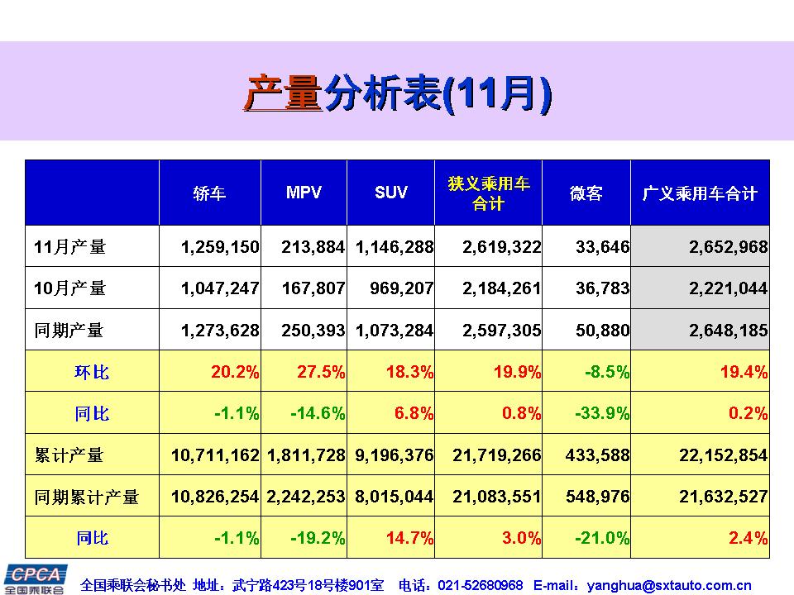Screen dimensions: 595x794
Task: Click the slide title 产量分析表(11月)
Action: pos(397,93)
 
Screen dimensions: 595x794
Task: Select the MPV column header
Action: pos(304,193)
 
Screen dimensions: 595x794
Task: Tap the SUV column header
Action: pos(391,193)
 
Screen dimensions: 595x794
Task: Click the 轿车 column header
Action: pos(209,193)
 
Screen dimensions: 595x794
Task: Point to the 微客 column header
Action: pos(586,193)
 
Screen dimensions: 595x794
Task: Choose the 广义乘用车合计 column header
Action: pos(700,193)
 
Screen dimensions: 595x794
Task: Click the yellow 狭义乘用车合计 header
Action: pos(488,193)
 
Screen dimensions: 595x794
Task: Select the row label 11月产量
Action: pos(70,246)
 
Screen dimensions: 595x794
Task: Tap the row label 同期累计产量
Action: pos(87,497)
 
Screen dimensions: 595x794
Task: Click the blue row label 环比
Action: pos(92,372)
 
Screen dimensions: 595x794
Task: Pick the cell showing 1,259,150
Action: pos(220,246)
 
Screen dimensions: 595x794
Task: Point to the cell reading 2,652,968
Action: pos(728,246)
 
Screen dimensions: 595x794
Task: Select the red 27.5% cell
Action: pos(321,372)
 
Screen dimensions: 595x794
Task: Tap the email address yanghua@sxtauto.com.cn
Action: pos(668,585)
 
